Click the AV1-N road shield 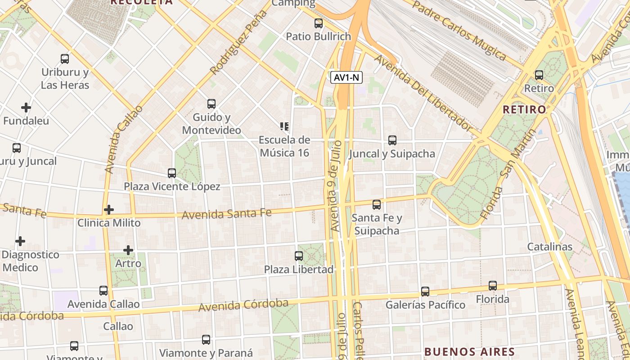(x=346, y=77)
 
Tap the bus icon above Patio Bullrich (x=319, y=23)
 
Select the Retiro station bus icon (x=539, y=75)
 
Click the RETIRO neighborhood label (x=524, y=109)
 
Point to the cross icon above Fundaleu (x=26, y=108)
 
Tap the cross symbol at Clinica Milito (x=108, y=210)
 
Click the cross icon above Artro (x=128, y=250)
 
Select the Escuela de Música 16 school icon (x=284, y=126)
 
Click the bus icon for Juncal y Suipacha (x=392, y=140)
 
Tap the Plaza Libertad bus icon (x=298, y=256)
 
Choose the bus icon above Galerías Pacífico (x=425, y=292)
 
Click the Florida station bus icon (x=493, y=286)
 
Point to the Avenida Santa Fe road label (x=226, y=213)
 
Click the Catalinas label (x=549, y=247)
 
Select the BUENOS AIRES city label (x=469, y=351)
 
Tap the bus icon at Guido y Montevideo (x=211, y=104)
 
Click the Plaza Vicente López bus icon (x=171, y=173)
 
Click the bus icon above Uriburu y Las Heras (x=65, y=59)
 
